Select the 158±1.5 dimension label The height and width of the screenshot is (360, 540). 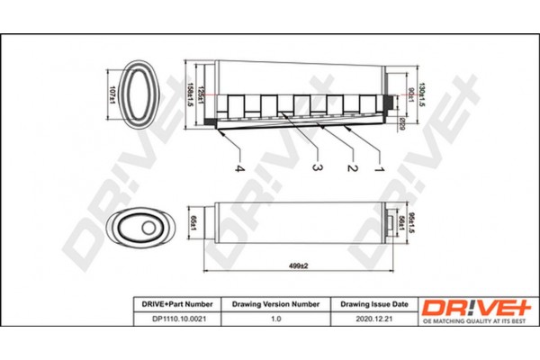pos(190,94)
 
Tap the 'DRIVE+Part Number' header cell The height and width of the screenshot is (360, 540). pos(174,304)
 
